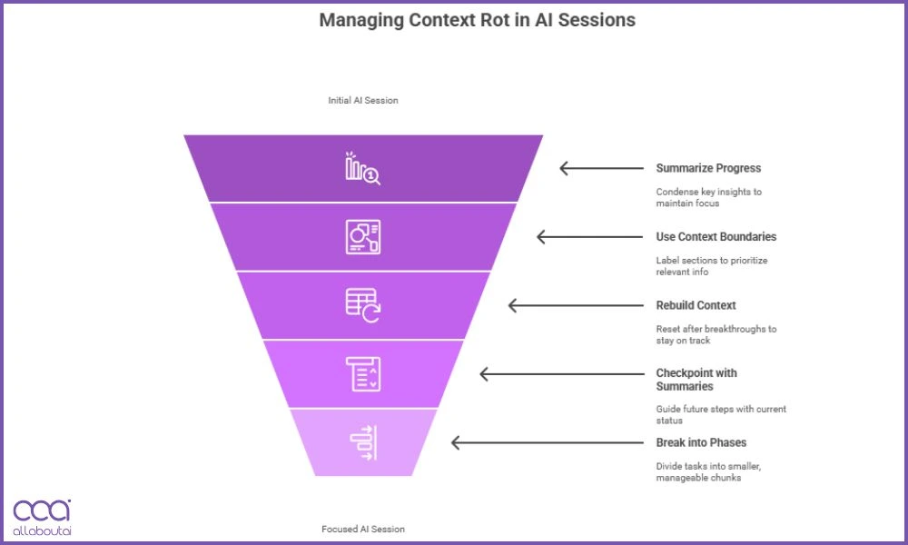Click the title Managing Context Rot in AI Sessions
pos(477,20)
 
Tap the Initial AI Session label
pos(363,101)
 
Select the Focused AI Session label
pos(363,529)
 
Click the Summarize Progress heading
pos(708,168)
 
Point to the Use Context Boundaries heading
pos(716,237)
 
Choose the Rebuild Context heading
pos(696,305)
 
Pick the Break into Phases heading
pos(701,442)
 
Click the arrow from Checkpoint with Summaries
pos(514,374)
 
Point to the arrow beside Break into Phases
pos(486,442)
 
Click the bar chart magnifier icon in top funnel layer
pos(362,169)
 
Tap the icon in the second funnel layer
pos(363,237)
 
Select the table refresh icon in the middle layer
pos(363,305)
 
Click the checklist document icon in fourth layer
pos(363,374)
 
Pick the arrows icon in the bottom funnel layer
pos(363,442)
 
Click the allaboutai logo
pos(42,516)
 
